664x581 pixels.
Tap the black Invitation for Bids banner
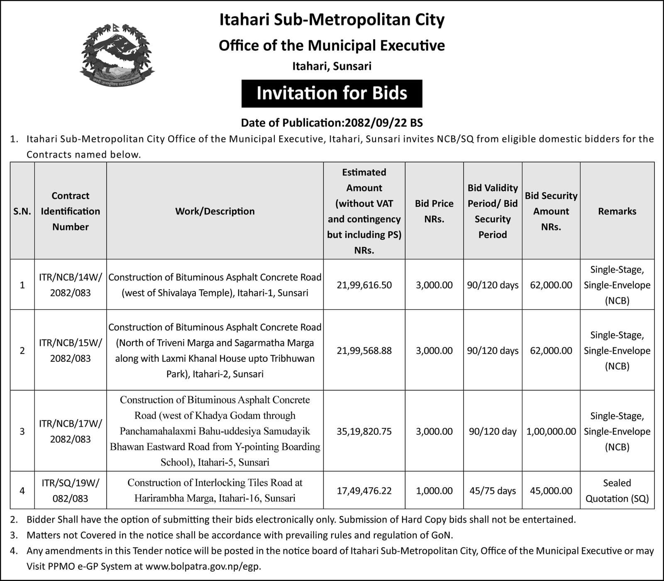(332, 93)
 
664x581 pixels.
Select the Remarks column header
(617, 211)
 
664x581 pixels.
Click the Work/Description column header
(215, 211)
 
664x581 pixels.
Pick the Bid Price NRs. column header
(434, 211)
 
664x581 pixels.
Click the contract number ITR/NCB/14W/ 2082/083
(71, 285)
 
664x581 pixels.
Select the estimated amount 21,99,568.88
(364, 351)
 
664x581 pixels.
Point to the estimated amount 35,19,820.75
(364, 432)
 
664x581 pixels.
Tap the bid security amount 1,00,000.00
(551, 432)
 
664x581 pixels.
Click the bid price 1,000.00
(434, 491)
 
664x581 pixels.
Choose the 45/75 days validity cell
(493, 491)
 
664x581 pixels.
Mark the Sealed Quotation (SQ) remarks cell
(617, 491)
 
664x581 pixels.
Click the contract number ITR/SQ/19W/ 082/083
(71, 491)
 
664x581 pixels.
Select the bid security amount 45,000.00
(551, 491)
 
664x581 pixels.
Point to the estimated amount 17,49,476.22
(364, 491)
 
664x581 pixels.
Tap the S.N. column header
(22, 211)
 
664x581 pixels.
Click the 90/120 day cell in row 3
(493, 432)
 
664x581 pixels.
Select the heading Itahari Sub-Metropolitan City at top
(332, 20)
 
